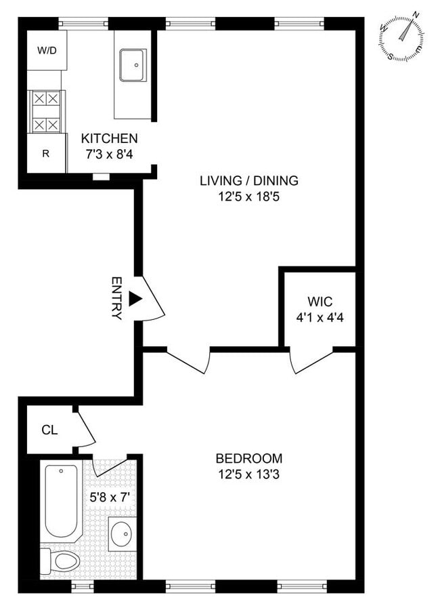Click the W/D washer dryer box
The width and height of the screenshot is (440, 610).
(x=47, y=50)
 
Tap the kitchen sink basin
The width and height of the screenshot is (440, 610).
(x=133, y=64)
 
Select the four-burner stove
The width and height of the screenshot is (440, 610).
(x=46, y=111)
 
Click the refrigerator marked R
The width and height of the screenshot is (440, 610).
(x=46, y=153)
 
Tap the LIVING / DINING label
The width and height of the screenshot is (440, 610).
(x=248, y=181)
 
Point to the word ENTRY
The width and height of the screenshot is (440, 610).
(x=116, y=298)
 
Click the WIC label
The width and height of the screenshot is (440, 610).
(x=320, y=301)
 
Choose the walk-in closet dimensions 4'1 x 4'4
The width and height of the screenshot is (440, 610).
(x=320, y=316)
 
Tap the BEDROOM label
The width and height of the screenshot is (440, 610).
(x=248, y=458)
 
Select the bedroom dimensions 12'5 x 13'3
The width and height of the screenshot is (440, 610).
(x=248, y=474)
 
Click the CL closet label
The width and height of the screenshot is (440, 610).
(x=49, y=430)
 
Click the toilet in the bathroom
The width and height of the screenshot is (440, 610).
(x=61, y=561)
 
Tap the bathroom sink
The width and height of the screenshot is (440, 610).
(x=123, y=533)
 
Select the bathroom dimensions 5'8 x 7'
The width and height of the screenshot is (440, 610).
(x=110, y=496)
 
